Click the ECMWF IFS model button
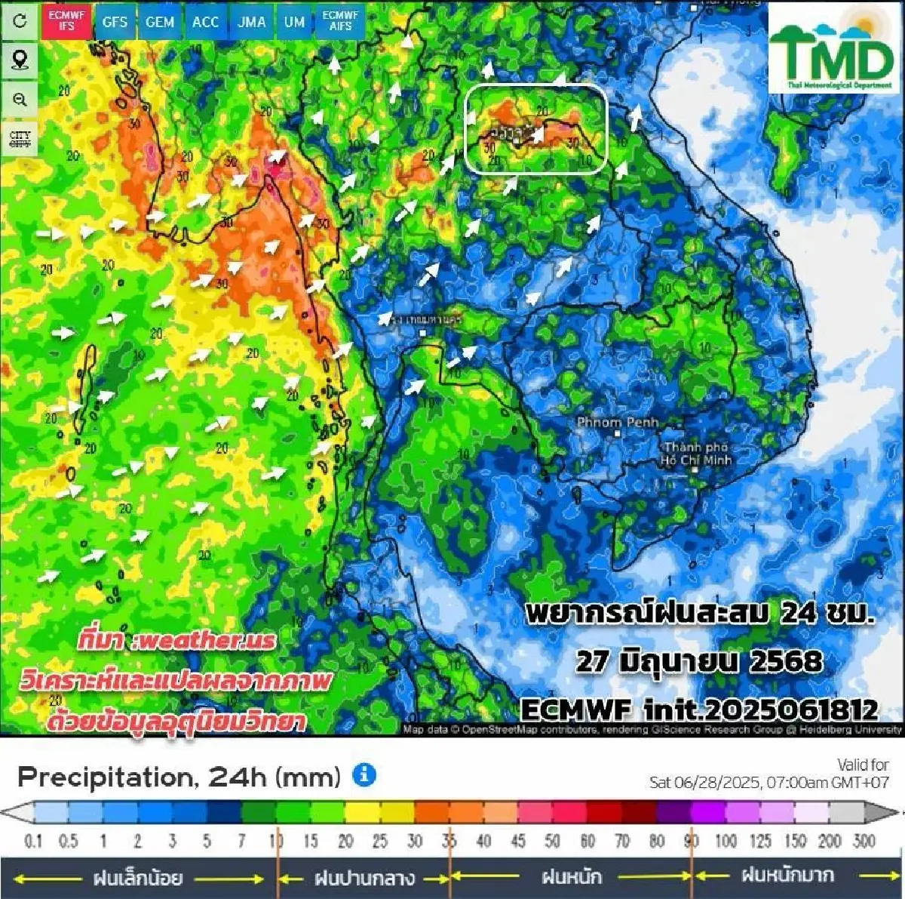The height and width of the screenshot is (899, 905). point(66,20)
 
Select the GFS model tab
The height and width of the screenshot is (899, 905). point(115,22)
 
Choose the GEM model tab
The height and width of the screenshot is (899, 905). point(160,22)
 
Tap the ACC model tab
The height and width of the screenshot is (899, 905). point(205,22)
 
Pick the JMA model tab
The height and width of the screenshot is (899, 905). point(252,22)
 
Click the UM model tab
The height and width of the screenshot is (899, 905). point(294,22)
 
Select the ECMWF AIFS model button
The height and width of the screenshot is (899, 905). point(340,20)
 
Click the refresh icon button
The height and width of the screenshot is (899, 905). point(20,20)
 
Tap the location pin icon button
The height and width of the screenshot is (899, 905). point(20,60)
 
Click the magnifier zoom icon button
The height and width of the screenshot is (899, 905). point(20,100)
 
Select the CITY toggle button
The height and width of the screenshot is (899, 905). point(20,139)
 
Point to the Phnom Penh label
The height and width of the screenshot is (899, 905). point(617,423)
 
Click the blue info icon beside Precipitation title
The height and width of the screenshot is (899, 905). point(364,775)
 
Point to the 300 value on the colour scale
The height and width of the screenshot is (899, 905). point(864,840)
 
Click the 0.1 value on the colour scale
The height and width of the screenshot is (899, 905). point(34,840)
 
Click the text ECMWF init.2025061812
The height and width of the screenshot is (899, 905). point(699,710)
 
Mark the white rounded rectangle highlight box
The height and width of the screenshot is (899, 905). point(536,128)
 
